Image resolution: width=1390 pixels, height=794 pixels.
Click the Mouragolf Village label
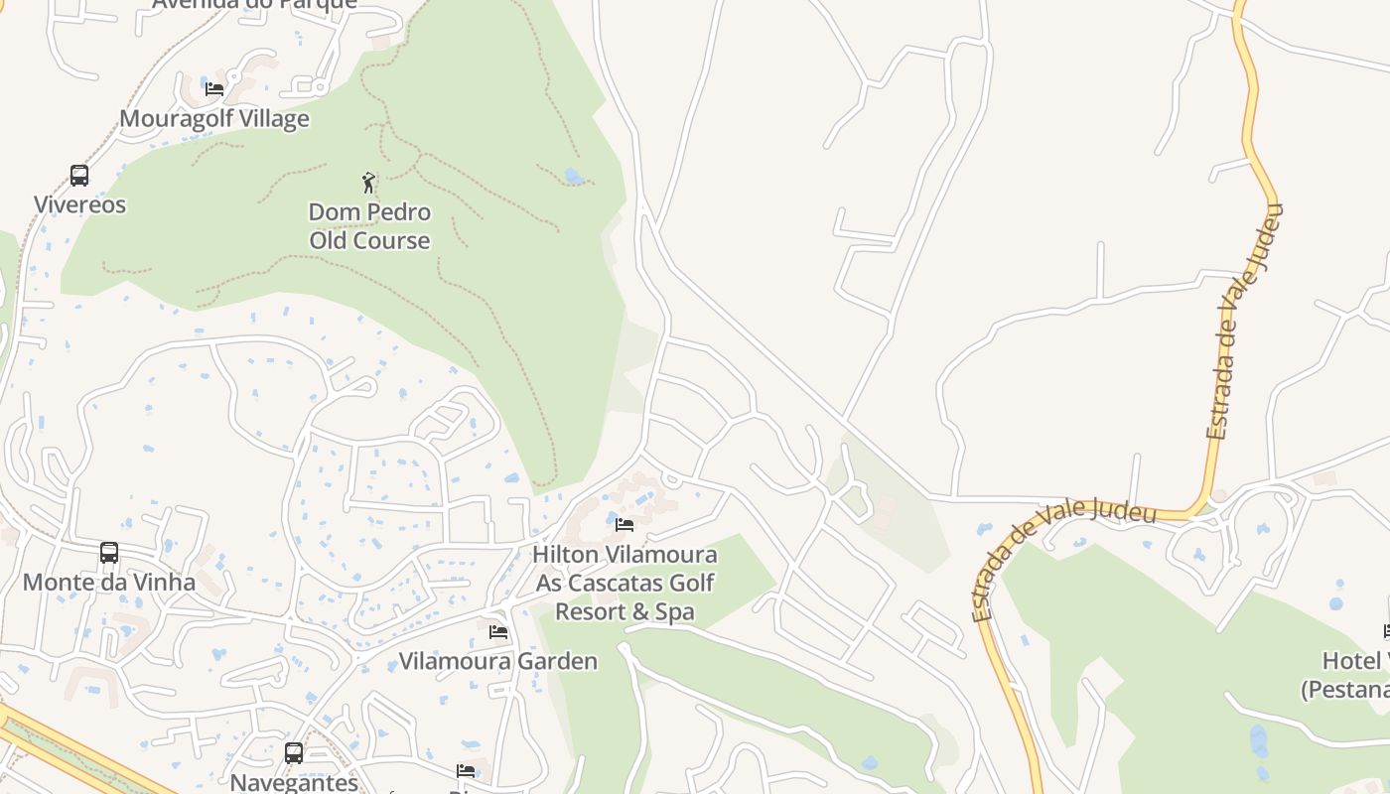tap(214, 119)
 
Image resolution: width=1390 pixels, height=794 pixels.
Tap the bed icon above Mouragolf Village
tap(214, 88)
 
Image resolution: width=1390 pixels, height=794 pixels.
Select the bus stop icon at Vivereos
tap(79, 176)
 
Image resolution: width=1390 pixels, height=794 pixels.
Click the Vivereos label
tap(80, 205)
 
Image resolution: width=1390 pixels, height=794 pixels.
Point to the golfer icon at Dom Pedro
tap(369, 183)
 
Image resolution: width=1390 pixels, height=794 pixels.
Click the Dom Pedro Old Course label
tap(369, 226)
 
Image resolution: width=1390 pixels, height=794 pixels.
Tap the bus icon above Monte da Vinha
tap(109, 553)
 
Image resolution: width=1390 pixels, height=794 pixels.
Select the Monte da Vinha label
tap(109, 583)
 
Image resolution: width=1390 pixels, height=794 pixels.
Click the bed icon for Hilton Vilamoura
tap(625, 524)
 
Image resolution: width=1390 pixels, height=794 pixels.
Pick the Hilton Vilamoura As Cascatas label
tap(625, 568)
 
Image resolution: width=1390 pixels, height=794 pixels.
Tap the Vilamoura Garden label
tap(498, 662)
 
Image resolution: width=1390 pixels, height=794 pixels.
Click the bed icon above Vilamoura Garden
tap(498, 631)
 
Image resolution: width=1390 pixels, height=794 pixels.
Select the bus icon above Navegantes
tap(294, 753)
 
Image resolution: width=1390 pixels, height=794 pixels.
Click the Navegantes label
tap(294, 782)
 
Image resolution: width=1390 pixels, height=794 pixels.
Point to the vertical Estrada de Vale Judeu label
tap(1245, 322)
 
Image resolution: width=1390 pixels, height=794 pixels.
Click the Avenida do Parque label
tap(254, 4)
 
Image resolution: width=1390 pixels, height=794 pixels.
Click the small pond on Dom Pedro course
tap(573, 177)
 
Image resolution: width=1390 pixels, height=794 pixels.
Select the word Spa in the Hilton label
tap(675, 612)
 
